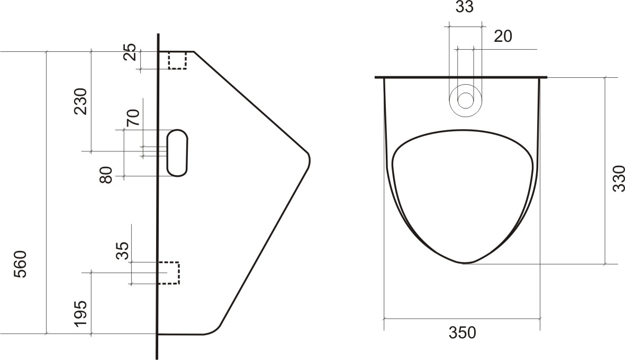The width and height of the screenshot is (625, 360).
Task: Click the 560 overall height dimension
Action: point(20,264)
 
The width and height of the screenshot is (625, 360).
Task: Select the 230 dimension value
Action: point(80,101)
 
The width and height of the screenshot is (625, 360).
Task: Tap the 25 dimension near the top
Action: point(130,52)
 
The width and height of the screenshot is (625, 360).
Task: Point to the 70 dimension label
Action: point(133,118)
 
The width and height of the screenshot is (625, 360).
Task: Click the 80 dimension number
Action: point(106,175)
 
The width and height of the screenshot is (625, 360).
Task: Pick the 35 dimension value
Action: point(123,251)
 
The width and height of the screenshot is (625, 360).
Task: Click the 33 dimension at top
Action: point(464,7)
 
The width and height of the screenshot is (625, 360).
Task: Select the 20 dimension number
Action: point(503,37)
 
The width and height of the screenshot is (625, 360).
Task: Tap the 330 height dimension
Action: point(619,178)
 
